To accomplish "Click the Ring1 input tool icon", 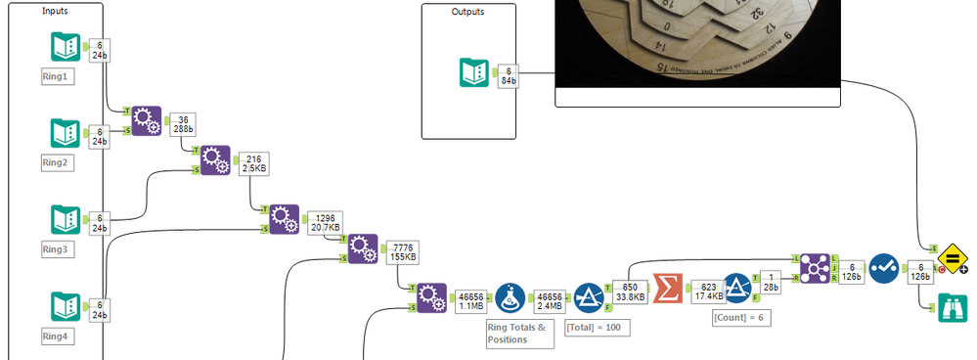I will pyautogui.click(x=65, y=46).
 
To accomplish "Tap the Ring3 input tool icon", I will pyautogui.click(x=65, y=219).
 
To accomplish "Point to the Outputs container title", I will pyautogui.click(x=467, y=12).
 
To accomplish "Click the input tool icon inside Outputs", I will pyautogui.click(x=474, y=74).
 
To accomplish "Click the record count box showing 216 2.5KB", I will pyautogui.click(x=251, y=161).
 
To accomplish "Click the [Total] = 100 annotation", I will pyautogui.click(x=597, y=327).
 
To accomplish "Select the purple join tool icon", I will pyautogui.click(x=814, y=267).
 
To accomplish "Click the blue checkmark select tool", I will pyautogui.click(x=883, y=269).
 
